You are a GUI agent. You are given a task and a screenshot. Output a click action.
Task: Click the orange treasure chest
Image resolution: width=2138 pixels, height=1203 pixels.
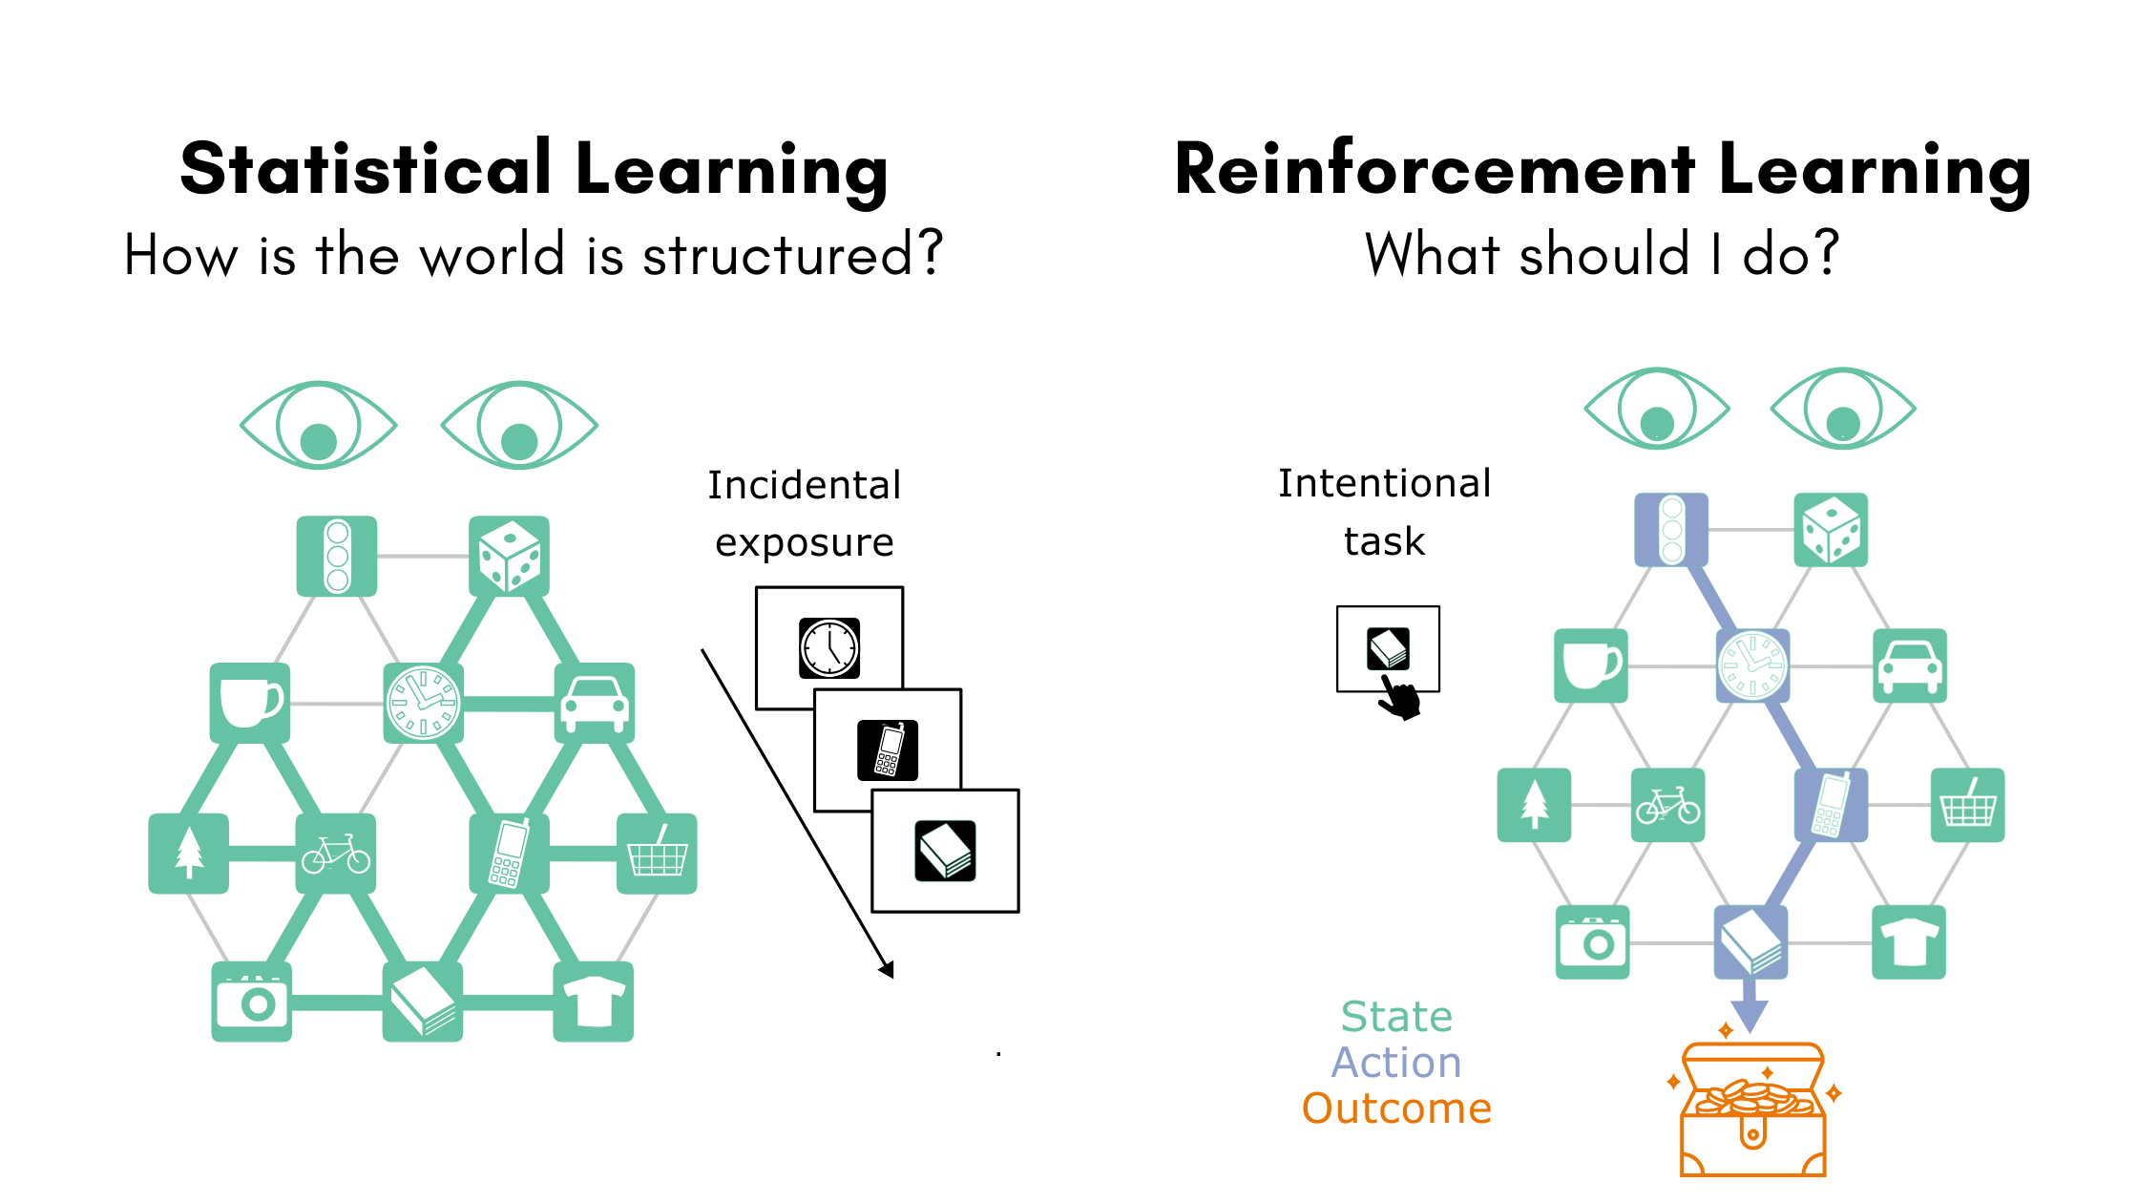(1753, 1112)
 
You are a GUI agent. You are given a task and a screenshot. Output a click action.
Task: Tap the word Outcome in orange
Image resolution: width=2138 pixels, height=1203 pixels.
(1396, 1109)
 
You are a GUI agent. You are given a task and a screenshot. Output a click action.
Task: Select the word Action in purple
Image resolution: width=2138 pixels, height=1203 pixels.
(1396, 1063)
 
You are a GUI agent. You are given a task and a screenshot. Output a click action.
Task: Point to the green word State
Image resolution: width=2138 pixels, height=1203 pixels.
(1396, 1017)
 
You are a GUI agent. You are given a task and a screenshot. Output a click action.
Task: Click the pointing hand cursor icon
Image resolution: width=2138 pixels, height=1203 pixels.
(1399, 699)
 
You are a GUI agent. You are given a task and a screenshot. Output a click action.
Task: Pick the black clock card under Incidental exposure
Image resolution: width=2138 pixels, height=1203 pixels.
(829, 648)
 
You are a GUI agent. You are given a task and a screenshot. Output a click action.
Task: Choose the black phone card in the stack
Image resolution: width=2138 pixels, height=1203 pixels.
(888, 750)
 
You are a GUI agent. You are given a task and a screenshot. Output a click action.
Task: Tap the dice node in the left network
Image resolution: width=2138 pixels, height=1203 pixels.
(509, 557)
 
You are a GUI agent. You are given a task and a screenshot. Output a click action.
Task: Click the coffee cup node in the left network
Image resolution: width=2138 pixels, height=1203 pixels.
(250, 703)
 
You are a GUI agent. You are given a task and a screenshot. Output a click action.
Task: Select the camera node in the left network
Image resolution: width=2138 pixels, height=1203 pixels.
(251, 1002)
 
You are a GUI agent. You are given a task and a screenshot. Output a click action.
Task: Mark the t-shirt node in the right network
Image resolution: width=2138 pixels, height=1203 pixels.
(1908, 942)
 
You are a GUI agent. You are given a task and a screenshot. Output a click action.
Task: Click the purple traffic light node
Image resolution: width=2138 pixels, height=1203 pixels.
(1671, 529)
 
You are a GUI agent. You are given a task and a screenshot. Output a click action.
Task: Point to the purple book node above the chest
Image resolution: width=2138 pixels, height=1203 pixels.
(1750, 942)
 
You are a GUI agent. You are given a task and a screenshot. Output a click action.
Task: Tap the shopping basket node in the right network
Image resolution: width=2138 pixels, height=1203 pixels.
(1967, 805)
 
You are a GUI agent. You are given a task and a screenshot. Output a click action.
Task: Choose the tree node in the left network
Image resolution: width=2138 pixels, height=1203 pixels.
(189, 854)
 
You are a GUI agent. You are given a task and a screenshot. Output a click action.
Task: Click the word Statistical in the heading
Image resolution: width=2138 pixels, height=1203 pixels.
(366, 170)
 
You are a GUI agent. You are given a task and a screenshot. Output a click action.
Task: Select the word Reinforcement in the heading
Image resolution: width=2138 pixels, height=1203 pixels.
(1435, 170)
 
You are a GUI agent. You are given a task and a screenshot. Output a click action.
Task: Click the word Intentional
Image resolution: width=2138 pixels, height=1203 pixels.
(1384, 484)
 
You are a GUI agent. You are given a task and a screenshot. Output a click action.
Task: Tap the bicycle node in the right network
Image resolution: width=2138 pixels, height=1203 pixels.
(1667, 805)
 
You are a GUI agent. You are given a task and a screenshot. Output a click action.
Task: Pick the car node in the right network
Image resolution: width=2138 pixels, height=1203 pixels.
(1909, 665)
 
